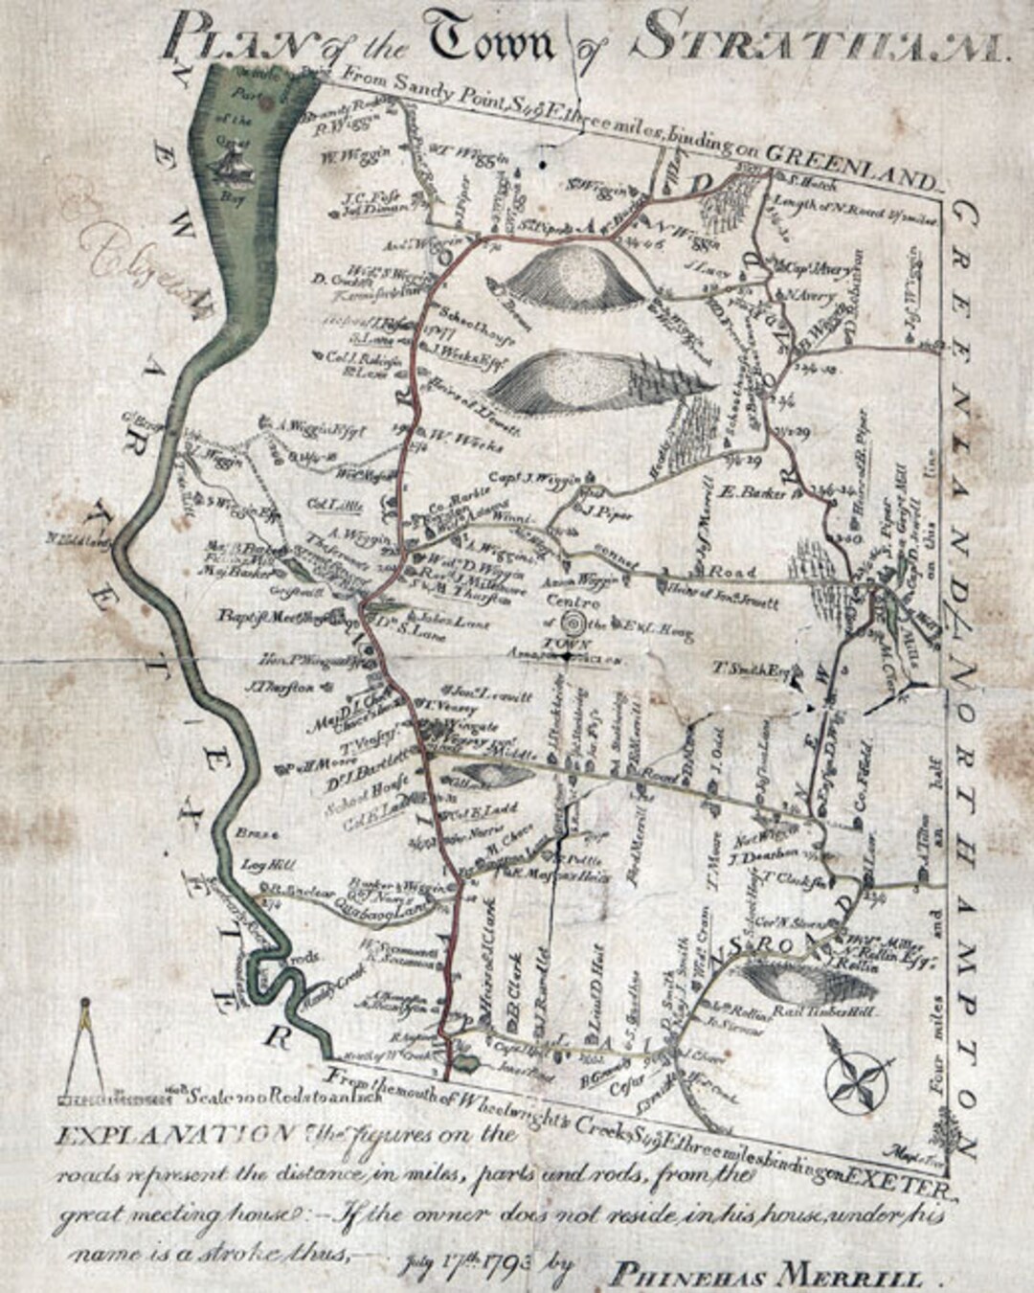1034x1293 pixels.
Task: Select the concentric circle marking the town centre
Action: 572,622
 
